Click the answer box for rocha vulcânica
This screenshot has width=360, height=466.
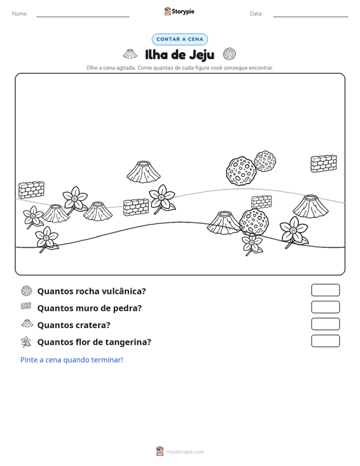[325, 290]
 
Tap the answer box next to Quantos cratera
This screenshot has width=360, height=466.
[325, 324]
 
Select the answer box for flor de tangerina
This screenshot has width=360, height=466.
[325, 341]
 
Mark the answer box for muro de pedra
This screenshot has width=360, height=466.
[325, 307]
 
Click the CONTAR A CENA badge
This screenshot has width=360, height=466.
[179, 39]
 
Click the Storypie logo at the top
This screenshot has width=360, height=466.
[179, 11]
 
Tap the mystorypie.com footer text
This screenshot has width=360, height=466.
[184, 452]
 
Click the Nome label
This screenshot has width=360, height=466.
[20, 14]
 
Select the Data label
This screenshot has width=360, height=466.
[256, 14]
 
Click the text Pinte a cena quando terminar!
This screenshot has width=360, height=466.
[72, 360]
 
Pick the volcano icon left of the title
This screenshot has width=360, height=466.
[130, 54]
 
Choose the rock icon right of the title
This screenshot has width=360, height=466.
[230, 54]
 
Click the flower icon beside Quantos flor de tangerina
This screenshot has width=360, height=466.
[26, 342]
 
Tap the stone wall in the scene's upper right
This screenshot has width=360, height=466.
[324, 163]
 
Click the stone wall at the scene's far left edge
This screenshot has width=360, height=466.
[31, 189]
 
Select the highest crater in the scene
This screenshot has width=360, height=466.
[144, 172]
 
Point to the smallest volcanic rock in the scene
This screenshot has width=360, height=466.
[265, 161]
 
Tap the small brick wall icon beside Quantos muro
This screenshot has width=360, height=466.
[26, 306]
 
